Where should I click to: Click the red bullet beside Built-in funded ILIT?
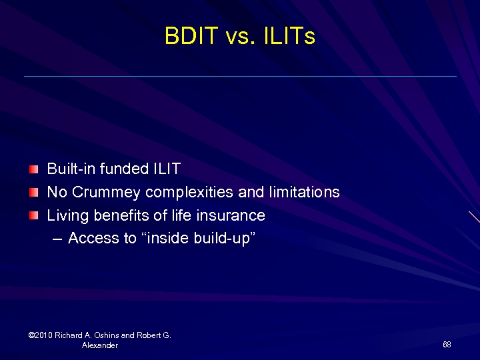(x=34, y=169)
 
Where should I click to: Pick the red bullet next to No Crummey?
(x=34, y=193)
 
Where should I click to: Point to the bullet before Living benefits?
(x=34, y=216)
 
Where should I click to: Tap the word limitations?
(x=304, y=193)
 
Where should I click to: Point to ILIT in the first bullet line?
(x=167, y=169)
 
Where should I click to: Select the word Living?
(x=67, y=215)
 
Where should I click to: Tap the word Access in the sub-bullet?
(x=93, y=238)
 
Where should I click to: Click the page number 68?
(x=447, y=345)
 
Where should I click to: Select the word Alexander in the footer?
(x=100, y=345)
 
